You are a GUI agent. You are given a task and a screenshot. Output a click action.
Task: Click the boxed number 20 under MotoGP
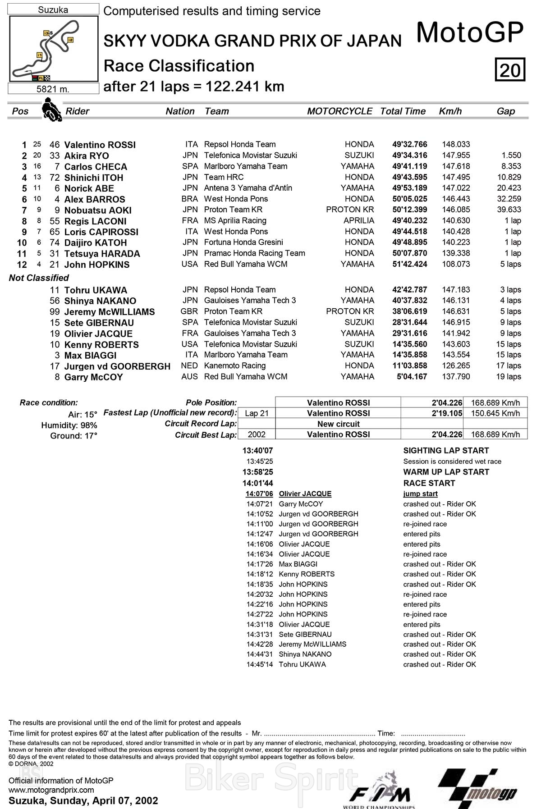click(x=510, y=70)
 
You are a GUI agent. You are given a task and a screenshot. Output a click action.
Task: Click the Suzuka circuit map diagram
click(x=53, y=49)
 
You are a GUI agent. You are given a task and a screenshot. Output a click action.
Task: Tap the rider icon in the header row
click(x=51, y=110)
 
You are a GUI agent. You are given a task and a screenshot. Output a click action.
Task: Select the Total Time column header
click(x=403, y=111)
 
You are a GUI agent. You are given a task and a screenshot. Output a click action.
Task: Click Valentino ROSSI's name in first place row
click(x=100, y=145)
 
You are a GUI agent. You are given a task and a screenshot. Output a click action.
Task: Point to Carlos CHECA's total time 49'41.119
click(x=409, y=166)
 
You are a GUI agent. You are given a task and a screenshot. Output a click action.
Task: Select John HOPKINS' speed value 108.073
click(x=456, y=264)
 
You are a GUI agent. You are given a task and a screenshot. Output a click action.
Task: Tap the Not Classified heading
click(x=39, y=278)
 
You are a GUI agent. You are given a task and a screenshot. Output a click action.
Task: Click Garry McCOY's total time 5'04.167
click(x=412, y=377)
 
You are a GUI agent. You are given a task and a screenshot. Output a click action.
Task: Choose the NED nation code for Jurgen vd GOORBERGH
click(x=189, y=366)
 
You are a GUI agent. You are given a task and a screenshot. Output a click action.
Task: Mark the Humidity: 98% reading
click(x=69, y=425)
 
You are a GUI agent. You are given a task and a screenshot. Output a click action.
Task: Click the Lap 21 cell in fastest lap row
click(x=257, y=413)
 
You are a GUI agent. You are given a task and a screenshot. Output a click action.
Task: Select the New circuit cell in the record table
click(x=338, y=424)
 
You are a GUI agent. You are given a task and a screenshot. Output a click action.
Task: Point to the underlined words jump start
click(x=420, y=494)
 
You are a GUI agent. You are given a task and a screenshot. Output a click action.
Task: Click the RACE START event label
click(x=429, y=483)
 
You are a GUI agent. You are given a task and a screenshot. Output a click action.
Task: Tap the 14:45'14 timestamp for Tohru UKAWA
click(x=259, y=664)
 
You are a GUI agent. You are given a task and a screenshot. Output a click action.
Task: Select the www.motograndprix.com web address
click(x=51, y=790)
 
